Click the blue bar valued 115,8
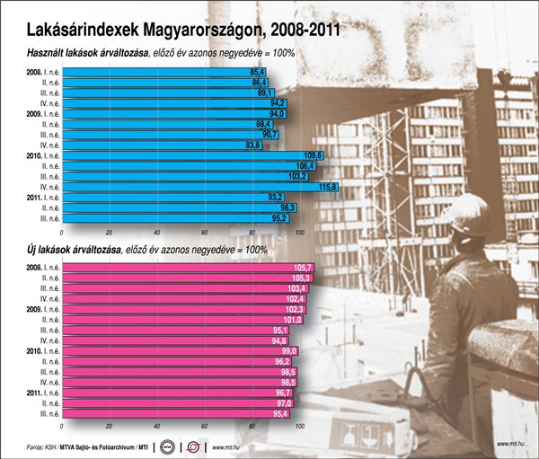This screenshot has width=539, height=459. click(x=198, y=187)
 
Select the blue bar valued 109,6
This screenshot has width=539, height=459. click(x=189, y=155)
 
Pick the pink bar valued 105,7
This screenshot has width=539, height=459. click(x=180, y=268)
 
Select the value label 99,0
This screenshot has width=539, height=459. click(x=287, y=351)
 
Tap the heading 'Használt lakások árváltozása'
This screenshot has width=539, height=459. click(x=82, y=53)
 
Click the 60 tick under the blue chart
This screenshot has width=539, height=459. click(x=205, y=232)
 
